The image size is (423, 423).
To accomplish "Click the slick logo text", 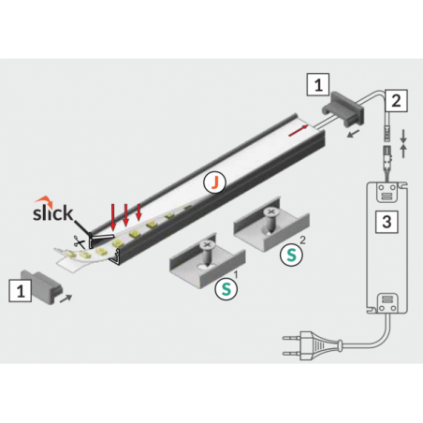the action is (52, 212).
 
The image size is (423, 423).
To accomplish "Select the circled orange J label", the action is (214, 182).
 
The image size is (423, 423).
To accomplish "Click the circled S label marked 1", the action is (226, 289).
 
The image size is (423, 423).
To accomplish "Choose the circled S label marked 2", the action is (291, 255).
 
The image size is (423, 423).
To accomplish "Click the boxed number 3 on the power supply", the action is (387, 222).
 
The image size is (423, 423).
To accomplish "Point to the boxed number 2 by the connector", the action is (396, 101).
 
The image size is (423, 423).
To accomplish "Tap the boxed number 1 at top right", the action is (318, 84).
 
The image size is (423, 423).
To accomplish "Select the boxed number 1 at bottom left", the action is (21, 291).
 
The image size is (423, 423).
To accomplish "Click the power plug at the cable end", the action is (312, 345).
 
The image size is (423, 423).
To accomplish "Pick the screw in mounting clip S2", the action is (270, 221).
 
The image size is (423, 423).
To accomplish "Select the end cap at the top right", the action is (343, 109).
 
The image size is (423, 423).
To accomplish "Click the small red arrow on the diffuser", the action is (299, 131).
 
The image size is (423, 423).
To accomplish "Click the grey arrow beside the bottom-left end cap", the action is (66, 299).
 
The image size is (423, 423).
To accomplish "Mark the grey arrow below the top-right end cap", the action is (354, 134).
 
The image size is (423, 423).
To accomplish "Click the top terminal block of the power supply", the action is (387, 193).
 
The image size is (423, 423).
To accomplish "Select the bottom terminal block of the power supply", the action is (387, 303).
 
